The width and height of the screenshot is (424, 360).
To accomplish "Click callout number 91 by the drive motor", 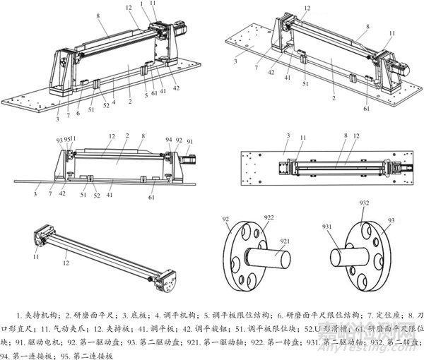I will (x=189, y=140).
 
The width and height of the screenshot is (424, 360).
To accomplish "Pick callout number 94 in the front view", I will (x=169, y=140).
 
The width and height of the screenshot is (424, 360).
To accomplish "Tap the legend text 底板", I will (x=131, y=315).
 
